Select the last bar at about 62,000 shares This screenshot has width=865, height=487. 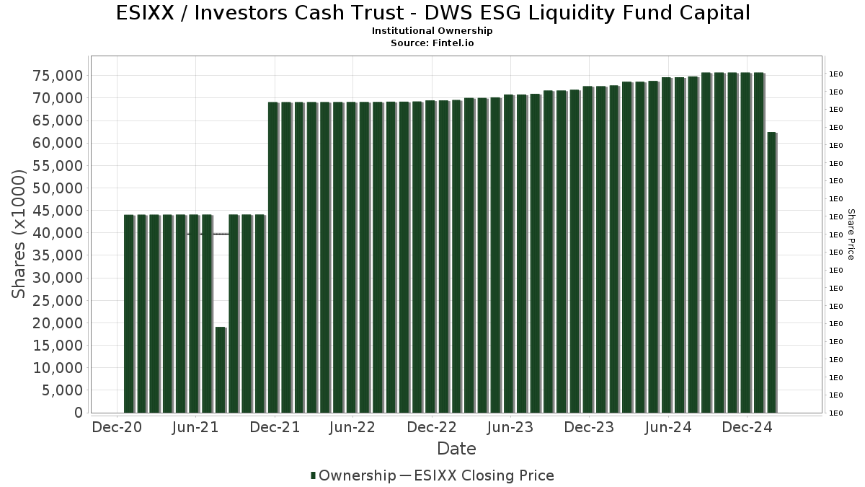point(771,273)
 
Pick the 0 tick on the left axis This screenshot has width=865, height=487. point(78,413)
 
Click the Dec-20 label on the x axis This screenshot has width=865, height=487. point(117,428)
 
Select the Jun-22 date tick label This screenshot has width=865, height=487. point(352,428)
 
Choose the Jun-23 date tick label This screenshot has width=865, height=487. point(510,428)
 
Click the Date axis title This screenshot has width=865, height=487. point(456,449)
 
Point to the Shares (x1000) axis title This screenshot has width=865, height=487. point(19,234)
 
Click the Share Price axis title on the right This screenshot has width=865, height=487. point(851,234)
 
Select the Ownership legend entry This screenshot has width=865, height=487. point(352,475)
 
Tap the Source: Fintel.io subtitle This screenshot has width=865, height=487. point(432,43)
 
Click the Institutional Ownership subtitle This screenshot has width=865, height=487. point(432,31)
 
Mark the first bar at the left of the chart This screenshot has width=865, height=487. point(129,313)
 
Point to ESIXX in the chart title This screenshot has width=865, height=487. point(148,13)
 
